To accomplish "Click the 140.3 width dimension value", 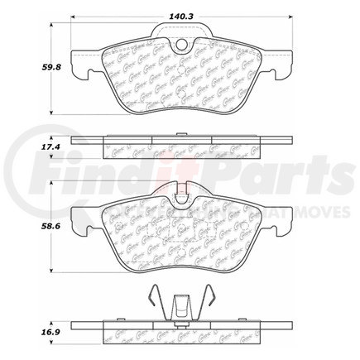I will pyautogui.click(x=180, y=9).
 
